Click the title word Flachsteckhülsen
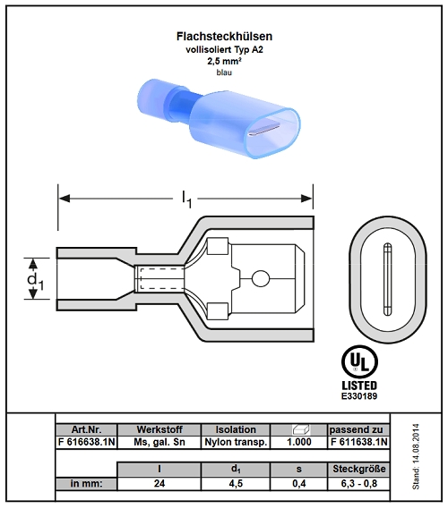224,37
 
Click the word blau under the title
224,72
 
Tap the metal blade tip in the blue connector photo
264,130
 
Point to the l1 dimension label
186,199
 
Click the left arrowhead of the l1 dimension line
65,199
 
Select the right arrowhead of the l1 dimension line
306,199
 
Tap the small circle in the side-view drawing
261,279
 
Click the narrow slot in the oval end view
387,279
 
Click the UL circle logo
359,362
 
